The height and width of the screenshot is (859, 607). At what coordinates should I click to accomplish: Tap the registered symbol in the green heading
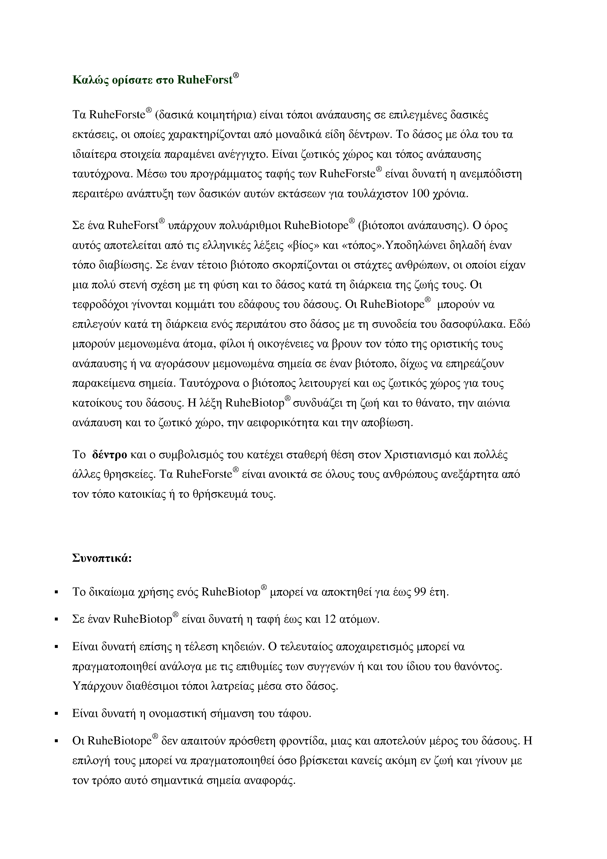pos(236,76)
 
